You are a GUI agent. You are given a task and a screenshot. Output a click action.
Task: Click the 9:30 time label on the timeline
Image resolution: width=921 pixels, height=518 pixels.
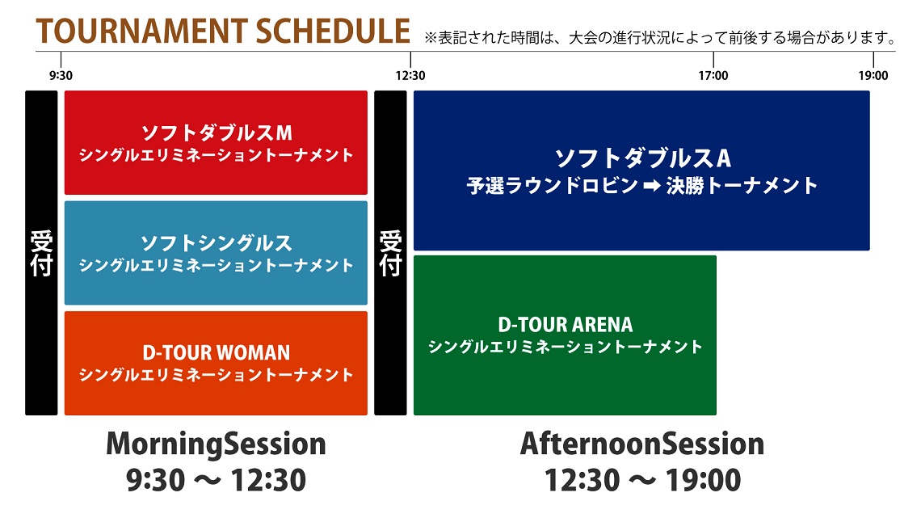[x=61, y=76]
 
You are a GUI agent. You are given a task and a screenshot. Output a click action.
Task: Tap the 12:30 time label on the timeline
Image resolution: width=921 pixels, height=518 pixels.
[x=410, y=76]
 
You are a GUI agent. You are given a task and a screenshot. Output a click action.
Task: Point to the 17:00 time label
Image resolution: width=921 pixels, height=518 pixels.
[x=713, y=76]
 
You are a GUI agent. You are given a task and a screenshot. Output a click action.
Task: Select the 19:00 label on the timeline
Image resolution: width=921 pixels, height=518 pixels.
[x=873, y=76]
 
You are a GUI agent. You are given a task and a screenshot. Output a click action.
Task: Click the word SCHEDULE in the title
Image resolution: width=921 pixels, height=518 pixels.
[x=333, y=32]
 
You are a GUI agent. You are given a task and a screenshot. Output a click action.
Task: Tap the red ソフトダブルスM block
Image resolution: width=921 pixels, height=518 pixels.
[x=216, y=143]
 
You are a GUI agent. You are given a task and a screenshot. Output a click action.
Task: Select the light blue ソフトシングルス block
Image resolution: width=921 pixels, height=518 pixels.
[x=216, y=253]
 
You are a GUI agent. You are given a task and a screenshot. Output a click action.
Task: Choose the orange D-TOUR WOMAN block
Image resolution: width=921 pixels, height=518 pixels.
[x=216, y=363]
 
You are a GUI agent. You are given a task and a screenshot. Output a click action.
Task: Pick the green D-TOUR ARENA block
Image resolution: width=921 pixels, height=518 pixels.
[x=565, y=335]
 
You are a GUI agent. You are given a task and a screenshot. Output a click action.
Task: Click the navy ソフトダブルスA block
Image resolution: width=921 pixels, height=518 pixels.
[x=641, y=171]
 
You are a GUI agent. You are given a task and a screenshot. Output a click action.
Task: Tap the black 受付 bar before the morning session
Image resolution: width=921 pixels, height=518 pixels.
[x=41, y=253]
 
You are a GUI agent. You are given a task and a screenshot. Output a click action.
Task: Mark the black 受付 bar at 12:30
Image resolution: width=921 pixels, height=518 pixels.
[x=390, y=253]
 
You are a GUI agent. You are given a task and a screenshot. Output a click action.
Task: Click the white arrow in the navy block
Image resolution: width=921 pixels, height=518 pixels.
[x=652, y=186]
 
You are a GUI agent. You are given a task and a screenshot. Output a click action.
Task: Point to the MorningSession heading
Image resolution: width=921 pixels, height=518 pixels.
[x=216, y=444]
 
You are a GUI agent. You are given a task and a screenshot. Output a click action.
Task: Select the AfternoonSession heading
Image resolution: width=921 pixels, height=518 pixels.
[x=642, y=444]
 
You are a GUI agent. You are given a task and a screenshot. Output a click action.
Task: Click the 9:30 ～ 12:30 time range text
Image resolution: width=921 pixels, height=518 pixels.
[x=216, y=480]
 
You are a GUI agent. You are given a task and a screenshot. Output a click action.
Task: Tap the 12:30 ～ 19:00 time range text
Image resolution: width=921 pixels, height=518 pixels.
[x=642, y=480]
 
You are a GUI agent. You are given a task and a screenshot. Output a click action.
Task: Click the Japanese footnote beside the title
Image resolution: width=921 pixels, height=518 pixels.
[x=661, y=38]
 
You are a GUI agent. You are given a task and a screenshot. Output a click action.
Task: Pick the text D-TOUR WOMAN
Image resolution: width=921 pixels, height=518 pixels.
[x=217, y=353]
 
